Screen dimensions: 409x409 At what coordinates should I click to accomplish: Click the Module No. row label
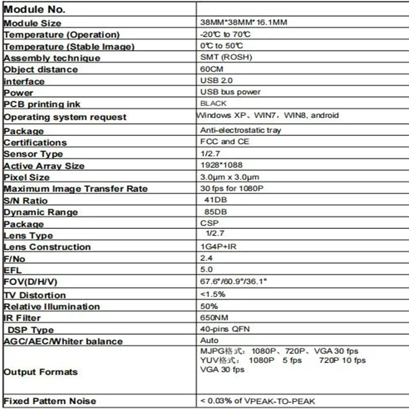pos(34,9)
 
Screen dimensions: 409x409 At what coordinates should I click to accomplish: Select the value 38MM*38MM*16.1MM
pos(244,22)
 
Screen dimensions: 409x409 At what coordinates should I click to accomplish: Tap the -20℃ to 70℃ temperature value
pos(225,34)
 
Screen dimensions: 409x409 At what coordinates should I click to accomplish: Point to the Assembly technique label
pos(52,58)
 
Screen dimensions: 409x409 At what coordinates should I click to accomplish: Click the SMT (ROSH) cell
pos(226,57)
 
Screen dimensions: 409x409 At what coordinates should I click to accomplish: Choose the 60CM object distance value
pos(212,69)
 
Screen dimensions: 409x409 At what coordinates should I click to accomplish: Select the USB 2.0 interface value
pos(216,80)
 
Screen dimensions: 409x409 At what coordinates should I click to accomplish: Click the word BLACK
pos(213,103)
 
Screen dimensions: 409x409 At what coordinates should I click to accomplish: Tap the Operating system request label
pos(65,117)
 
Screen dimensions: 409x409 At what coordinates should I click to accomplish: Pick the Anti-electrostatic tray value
pos(240,130)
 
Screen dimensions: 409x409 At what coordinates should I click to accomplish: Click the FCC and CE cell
pos(225,142)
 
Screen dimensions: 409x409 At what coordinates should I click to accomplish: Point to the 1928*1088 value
pos(221,165)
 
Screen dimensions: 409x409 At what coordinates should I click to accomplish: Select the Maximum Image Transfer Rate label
pos(75,189)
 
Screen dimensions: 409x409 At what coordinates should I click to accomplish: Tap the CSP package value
pos(209,223)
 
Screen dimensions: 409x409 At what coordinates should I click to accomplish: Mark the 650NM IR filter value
pos(214,317)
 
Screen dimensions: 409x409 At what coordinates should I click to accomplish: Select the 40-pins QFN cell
pos(225,329)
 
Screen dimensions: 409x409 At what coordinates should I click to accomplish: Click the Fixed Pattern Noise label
pos(50,401)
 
